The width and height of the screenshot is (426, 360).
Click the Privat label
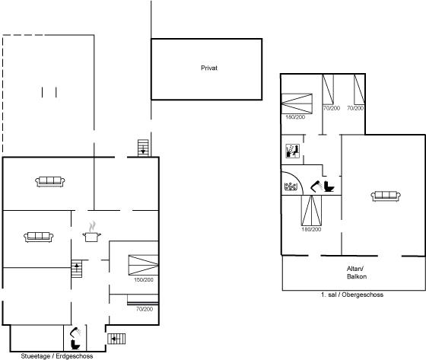point(209,68)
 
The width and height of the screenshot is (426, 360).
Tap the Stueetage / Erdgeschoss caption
point(57,356)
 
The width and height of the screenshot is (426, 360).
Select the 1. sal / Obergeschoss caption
point(352,295)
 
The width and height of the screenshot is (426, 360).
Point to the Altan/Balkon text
point(357,272)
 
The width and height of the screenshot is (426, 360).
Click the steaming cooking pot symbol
point(92,232)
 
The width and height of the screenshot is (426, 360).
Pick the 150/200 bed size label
point(144,279)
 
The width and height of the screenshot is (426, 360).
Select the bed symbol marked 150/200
point(143,265)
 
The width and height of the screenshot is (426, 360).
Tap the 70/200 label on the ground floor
point(145,309)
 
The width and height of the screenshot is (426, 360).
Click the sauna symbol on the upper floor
point(292,151)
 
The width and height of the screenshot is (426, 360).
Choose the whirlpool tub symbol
point(291,186)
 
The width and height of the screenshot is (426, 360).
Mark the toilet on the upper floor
point(329,186)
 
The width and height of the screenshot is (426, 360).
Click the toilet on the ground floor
point(75,345)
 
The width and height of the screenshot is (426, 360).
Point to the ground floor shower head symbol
point(75,333)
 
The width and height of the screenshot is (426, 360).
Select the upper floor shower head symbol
point(316,186)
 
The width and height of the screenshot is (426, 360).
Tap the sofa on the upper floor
point(386,196)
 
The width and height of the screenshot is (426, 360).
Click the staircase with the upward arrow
point(77,269)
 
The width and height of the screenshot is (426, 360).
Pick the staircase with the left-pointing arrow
point(116,339)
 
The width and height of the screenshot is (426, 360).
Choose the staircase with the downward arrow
point(143,148)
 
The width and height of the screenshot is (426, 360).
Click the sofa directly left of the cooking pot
point(39,237)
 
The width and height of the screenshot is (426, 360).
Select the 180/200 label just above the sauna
point(295,117)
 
